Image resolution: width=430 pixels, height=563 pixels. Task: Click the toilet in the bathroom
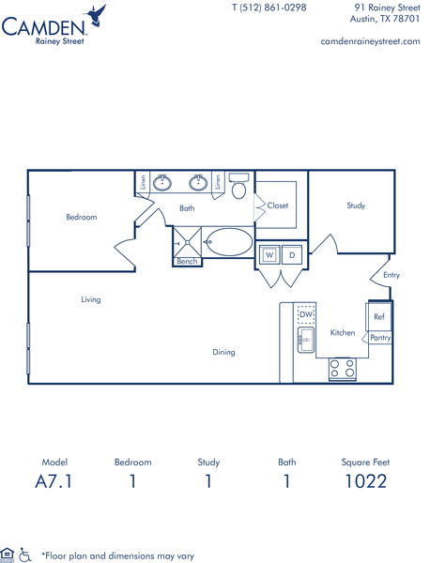tap(238, 186)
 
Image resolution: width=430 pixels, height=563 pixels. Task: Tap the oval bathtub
tap(230, 242)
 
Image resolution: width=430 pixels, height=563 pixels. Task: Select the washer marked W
tap(269, 255)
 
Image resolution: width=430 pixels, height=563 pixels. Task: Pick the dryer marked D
tap(292, 255)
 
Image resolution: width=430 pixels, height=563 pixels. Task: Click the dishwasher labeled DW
tap(306, 315)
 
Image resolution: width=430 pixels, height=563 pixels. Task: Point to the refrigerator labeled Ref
tap(379, 316)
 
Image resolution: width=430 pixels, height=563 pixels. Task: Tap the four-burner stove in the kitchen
tap(343, 369)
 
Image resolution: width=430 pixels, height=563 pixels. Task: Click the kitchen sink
tap(306, 340)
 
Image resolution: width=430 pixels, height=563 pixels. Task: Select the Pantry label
tap(380, 338)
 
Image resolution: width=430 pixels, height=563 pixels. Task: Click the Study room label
tap(356, 205)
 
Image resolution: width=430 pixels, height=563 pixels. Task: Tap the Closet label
tap(278, 205)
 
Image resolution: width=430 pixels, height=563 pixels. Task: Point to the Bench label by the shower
tap(187, 262)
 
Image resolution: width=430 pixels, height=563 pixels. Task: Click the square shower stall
tap(187, 243)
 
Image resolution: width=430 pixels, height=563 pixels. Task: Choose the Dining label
tap(223, 352)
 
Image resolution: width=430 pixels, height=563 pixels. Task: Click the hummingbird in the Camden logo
tap(95, 16)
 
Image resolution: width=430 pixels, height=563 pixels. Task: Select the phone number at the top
tap(269, 8)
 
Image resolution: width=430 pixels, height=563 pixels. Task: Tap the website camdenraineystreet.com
tap(370, 41)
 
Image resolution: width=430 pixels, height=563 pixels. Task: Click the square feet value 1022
tap(366, 481)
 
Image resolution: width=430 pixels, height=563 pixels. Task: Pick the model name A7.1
tap(54, 481)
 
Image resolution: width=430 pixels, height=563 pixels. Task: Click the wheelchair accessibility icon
tap(24, 555)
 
